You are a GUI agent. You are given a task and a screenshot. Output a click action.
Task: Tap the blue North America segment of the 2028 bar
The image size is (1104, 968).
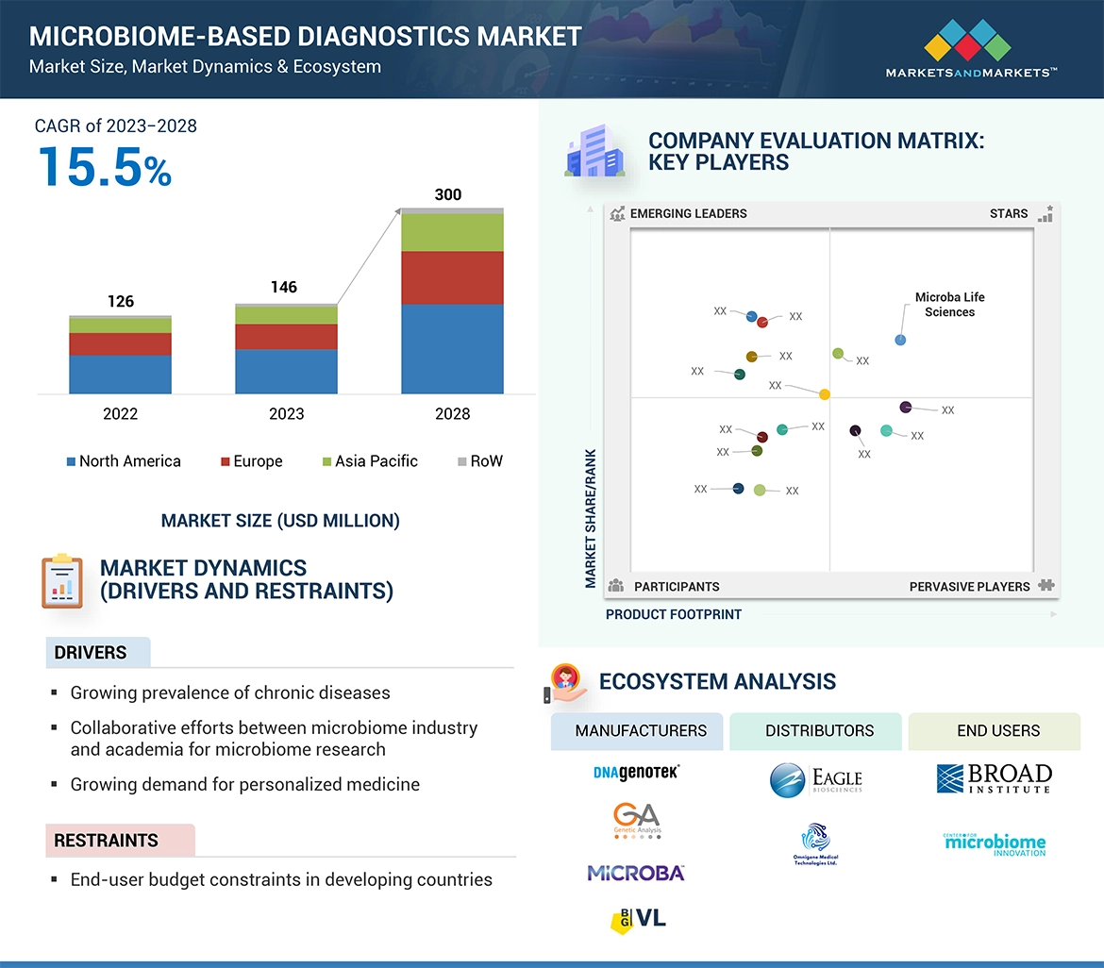point(452,348)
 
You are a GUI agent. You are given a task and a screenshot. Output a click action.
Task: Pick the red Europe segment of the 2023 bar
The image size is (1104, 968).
point(286,337)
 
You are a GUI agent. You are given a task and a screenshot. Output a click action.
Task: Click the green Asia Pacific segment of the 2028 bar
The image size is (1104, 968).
point(452,232)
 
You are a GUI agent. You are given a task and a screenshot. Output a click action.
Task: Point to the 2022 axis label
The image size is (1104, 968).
point(120,414)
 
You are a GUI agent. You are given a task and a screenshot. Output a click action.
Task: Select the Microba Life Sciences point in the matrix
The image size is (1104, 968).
point(900,340)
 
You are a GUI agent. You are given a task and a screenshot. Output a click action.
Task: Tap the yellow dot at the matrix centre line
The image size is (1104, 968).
point(825,394)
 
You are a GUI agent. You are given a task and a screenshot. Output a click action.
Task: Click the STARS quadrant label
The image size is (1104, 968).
point(1009,213)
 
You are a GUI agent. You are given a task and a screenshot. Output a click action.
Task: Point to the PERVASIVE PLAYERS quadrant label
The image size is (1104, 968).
point(969,587)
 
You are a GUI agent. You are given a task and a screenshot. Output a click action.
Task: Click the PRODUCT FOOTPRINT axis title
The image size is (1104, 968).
point(674,614)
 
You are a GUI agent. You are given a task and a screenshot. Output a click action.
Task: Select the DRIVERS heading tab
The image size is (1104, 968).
point(91,653)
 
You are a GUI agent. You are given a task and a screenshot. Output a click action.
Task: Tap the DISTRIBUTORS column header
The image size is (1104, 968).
point(819,731)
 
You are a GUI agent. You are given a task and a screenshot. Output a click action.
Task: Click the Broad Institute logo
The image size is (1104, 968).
point(994,778)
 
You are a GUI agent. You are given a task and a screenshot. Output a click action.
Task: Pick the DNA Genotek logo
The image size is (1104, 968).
point(636,773)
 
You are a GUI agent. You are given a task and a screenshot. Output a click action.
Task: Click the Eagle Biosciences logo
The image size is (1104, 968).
point(816,780)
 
